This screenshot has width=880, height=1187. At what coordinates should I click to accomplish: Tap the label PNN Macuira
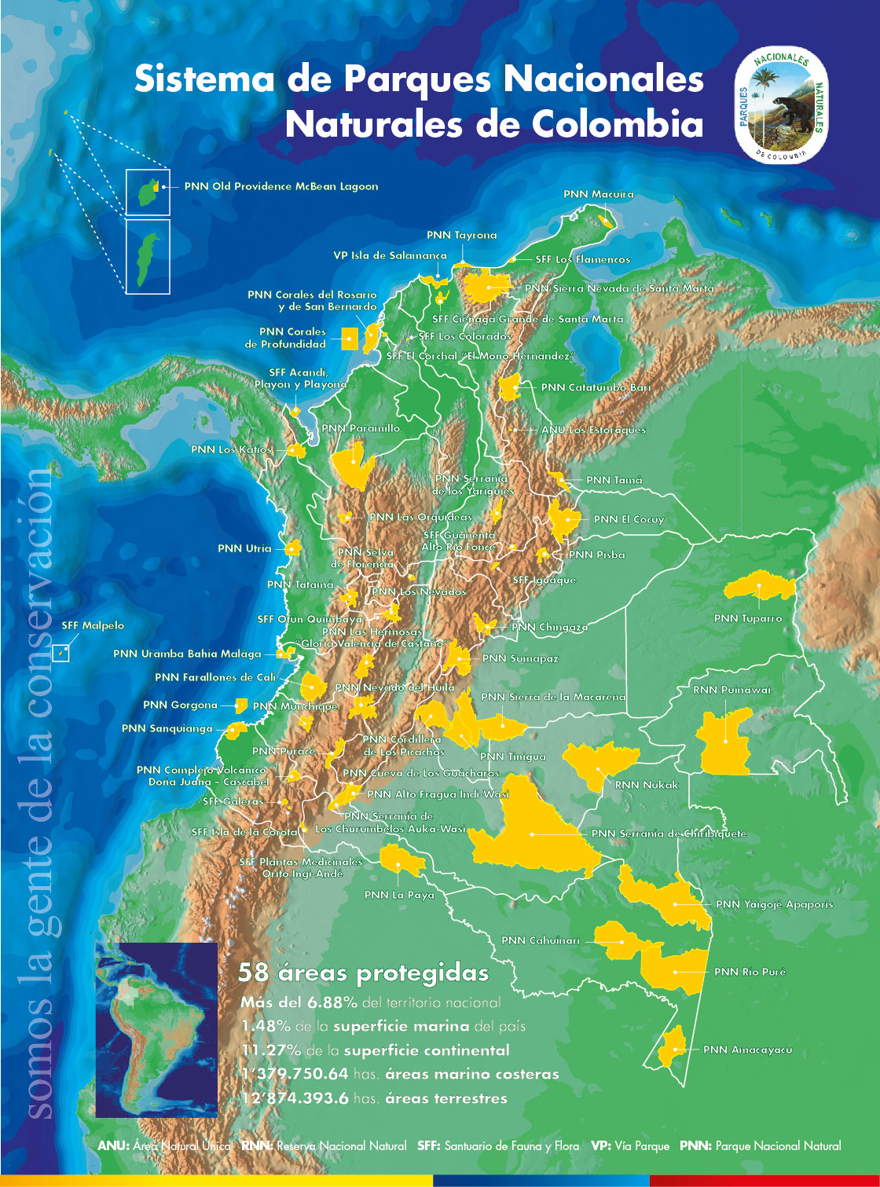tap(598, 194)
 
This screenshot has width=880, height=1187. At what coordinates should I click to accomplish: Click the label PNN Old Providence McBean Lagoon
tap(280, 186)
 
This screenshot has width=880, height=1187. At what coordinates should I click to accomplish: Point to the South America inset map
tap(156, 1029)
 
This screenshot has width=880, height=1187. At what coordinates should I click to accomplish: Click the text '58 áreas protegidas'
tap(363, 973)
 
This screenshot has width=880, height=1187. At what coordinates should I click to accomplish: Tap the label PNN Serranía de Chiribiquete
tap(668, 833)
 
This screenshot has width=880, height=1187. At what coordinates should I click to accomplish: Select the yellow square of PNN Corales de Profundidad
tap(350, 339)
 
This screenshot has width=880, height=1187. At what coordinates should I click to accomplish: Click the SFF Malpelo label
tap(93, 625)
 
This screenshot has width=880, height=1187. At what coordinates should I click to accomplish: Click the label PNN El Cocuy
tap(629, 519)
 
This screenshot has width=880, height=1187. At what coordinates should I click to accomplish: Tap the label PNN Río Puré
tap(750, 972)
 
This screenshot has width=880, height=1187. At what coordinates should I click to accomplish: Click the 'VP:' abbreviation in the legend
tap(601, 1146)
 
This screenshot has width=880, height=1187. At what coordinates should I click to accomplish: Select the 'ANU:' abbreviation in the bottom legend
tap(113, 1146)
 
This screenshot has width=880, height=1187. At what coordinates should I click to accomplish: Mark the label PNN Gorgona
tap(180, 705)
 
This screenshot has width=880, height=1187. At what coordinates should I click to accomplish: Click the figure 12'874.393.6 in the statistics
tap(295, 1098)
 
